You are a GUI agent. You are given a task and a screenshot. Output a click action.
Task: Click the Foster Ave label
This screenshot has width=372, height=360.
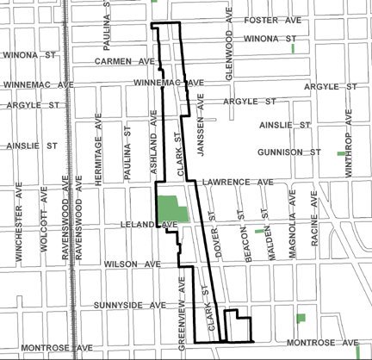click(x=272, y=20)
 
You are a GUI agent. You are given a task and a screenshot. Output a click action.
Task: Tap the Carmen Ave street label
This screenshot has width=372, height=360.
click(x=124, y=62)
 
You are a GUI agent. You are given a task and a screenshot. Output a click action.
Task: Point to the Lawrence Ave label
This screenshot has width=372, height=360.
click(x=237, y=183)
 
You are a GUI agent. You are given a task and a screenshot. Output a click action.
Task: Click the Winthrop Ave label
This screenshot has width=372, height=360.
click(x=349, y=152)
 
